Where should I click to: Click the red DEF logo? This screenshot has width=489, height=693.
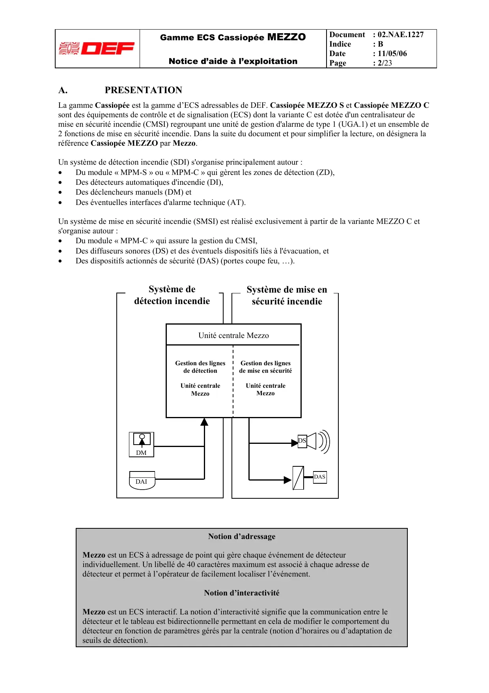click(x=97, y=49)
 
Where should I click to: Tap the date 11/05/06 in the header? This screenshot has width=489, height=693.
click(x=392, y=54)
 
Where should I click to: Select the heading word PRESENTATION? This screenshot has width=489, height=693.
click(x=143, y=90)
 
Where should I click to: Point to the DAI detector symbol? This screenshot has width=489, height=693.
click(x=142, y=481)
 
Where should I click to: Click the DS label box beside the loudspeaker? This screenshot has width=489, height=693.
click(x=302, y=441)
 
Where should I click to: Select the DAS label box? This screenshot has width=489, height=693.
click(x=319, y=477)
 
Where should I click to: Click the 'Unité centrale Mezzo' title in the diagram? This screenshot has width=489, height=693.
click(x=233, y=336)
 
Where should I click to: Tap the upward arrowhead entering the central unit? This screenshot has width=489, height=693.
click(x=204, y=422)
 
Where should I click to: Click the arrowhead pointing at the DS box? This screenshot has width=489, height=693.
click(x=294, y=443)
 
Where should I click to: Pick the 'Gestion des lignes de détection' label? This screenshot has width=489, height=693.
click(x=200, y=367)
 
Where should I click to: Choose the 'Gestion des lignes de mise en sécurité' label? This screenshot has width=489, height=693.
click(x=265, y=367)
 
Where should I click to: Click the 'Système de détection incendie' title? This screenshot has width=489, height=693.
click(x=172, y=295)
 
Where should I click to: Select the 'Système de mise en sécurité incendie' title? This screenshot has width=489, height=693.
click(x=287, y=296)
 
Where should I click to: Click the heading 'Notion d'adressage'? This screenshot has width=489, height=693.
click(x=242, y=537)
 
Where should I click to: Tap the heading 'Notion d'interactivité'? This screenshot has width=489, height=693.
click(x=242, y=593)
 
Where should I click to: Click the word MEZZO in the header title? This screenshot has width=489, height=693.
click(x=286, y=37)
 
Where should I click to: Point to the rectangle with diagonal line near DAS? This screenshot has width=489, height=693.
click(x=298, y=478)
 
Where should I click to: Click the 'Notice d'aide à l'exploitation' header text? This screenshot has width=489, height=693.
click(x=233, y=61)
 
